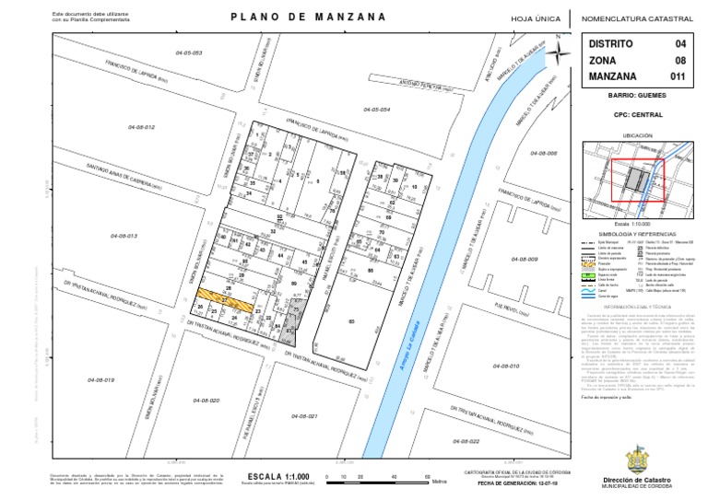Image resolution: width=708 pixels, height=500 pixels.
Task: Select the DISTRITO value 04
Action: [679, 44]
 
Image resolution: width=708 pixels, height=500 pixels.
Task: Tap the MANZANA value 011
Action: [677, 76]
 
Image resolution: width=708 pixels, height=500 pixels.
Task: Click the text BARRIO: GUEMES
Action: [637, 95]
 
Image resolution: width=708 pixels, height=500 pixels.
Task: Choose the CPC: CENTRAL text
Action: [637, 115]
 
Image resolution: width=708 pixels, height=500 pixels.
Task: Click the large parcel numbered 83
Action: [350, 320]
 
